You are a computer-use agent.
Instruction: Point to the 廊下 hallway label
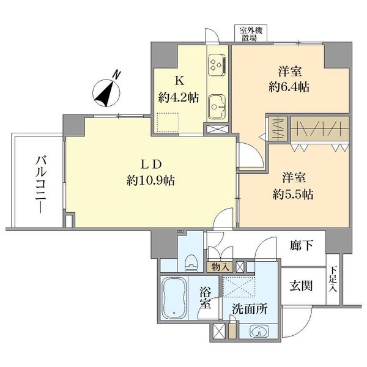coord(301,246)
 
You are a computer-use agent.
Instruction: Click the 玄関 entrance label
coord(300,286)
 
